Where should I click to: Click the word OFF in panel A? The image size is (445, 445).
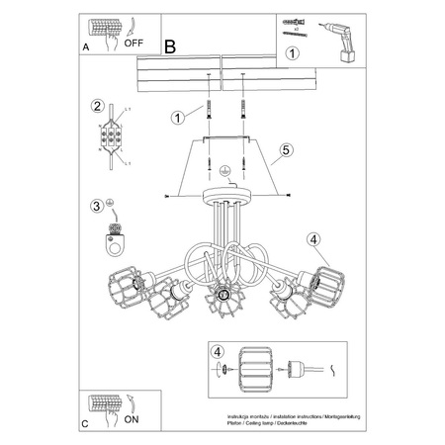point(133,44)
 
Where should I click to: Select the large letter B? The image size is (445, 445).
point(169,45)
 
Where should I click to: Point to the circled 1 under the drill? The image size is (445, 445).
point(292,54)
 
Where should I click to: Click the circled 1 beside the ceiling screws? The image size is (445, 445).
point(178,118)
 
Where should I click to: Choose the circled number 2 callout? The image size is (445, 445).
point(97,107)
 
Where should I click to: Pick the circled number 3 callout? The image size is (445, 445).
point(96,206)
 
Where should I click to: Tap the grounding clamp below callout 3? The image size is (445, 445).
point(113,238)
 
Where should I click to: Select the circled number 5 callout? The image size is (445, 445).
point(285,150)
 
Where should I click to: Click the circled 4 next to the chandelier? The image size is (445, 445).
point(312,237)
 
